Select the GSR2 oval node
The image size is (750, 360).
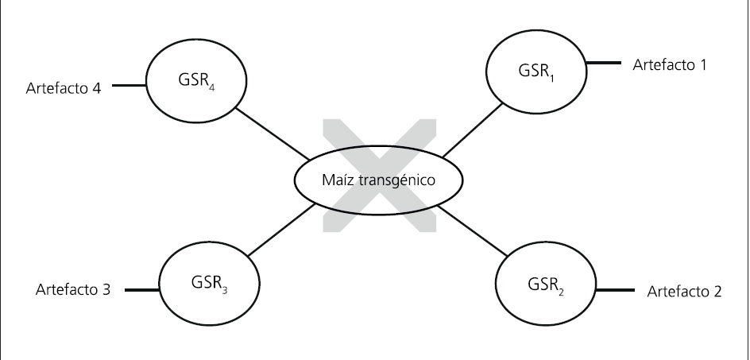[x=544, y=282]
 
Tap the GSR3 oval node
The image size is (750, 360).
[x=209, y=282]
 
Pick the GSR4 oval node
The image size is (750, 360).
[x=194, y=79]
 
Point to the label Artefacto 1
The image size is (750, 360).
[x=669, y=64]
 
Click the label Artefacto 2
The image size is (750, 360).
[x=684, y=292]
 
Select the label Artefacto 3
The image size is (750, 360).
[x=72, y=290]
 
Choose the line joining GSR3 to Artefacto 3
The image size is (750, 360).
[x=140, y=290]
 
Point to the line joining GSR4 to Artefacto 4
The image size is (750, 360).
[x=129, y=83]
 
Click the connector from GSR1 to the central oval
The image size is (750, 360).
[x=472, y=129]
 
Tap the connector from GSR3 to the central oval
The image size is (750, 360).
[x=280, y=231]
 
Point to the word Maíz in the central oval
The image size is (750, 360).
[x=337, y=180]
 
